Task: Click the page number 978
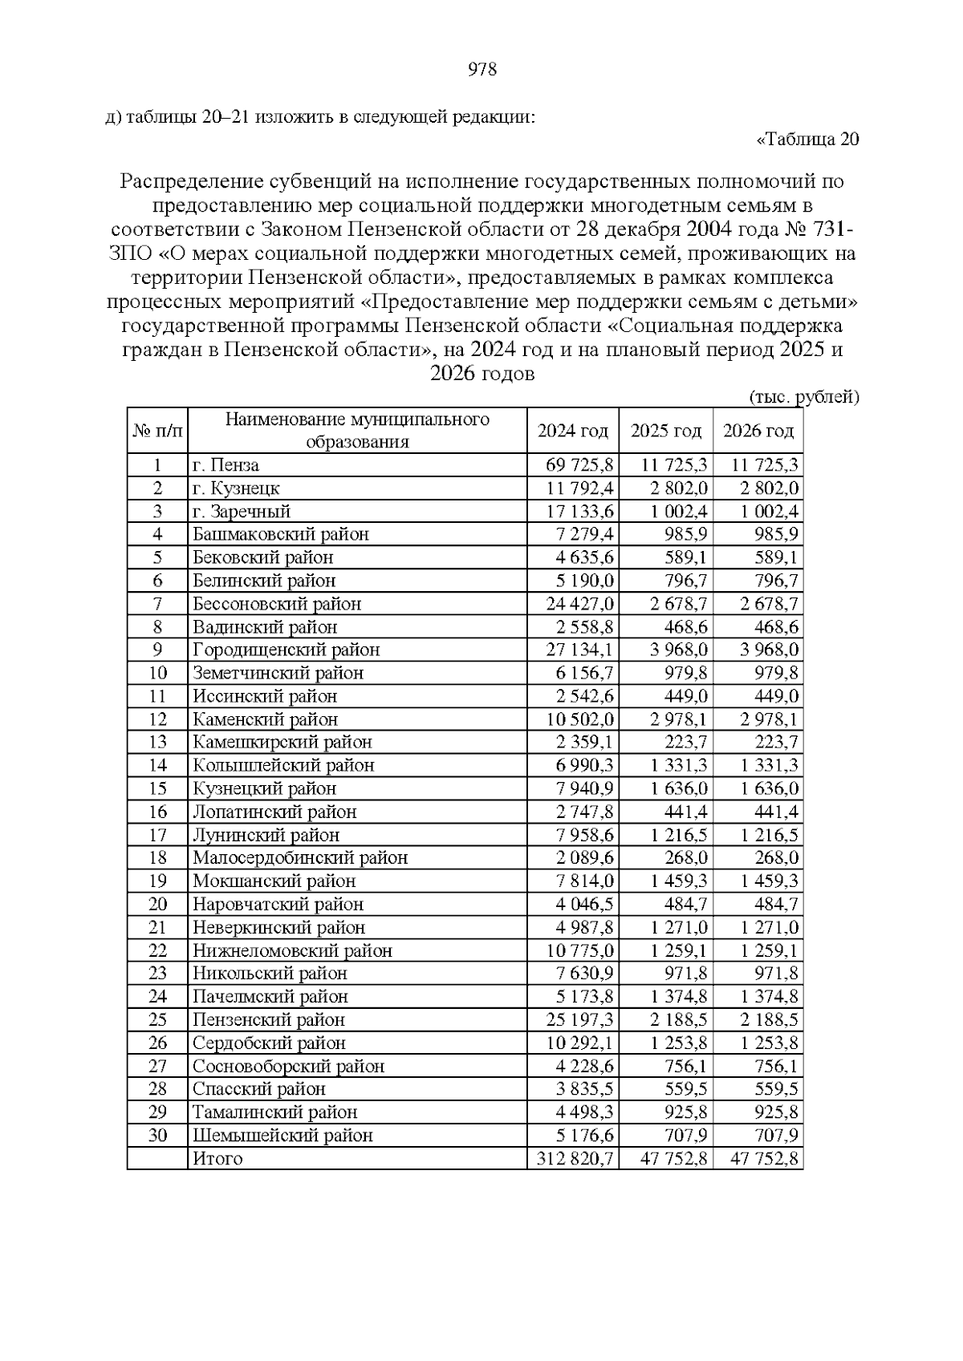[x=481, y=70]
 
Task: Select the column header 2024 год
[x=572, y=431]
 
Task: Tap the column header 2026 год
[x=758, y=431]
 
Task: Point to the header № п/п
[x=157, y=431]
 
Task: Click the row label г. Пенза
[x=226, y=465]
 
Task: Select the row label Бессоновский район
[x=277, y=604]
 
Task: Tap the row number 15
[x=157, y=788]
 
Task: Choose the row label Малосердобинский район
[x=300, y=858]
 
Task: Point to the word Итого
[x=217, y=1159]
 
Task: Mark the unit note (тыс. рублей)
[x=803, y=397]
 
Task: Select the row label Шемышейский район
[x=282, y=1136]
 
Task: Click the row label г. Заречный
[x=242, y=512]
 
